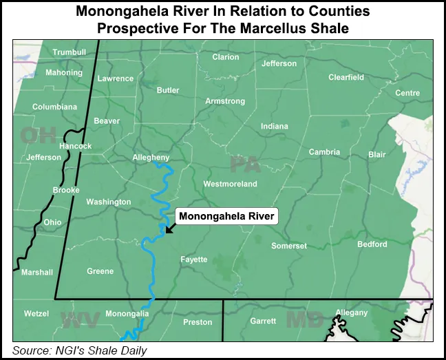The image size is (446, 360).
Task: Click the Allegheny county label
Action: click(151, 158)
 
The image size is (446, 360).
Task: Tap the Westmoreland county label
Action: click(230, 184)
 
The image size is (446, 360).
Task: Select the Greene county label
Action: click(100, 271)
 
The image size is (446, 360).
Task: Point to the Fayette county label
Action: click(193, 260)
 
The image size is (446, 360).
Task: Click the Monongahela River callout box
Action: click(226, 216)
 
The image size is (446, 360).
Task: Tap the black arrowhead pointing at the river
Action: click(168, 231)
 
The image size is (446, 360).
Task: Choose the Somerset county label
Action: click(289, 246)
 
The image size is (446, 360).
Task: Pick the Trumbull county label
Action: click(69, 52)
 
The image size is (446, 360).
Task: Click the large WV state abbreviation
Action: click(81, 320)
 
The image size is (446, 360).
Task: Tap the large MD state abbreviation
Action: click(300, 320)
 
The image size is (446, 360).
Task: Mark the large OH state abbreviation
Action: click(39, 136)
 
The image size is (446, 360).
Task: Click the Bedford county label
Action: click(372, 244)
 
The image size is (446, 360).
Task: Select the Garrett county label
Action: click(263, 321)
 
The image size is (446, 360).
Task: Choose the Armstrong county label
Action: click(225, 101)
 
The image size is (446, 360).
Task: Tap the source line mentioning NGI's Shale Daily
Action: click(80, 350)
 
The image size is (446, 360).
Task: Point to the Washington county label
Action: click(108, 202)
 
